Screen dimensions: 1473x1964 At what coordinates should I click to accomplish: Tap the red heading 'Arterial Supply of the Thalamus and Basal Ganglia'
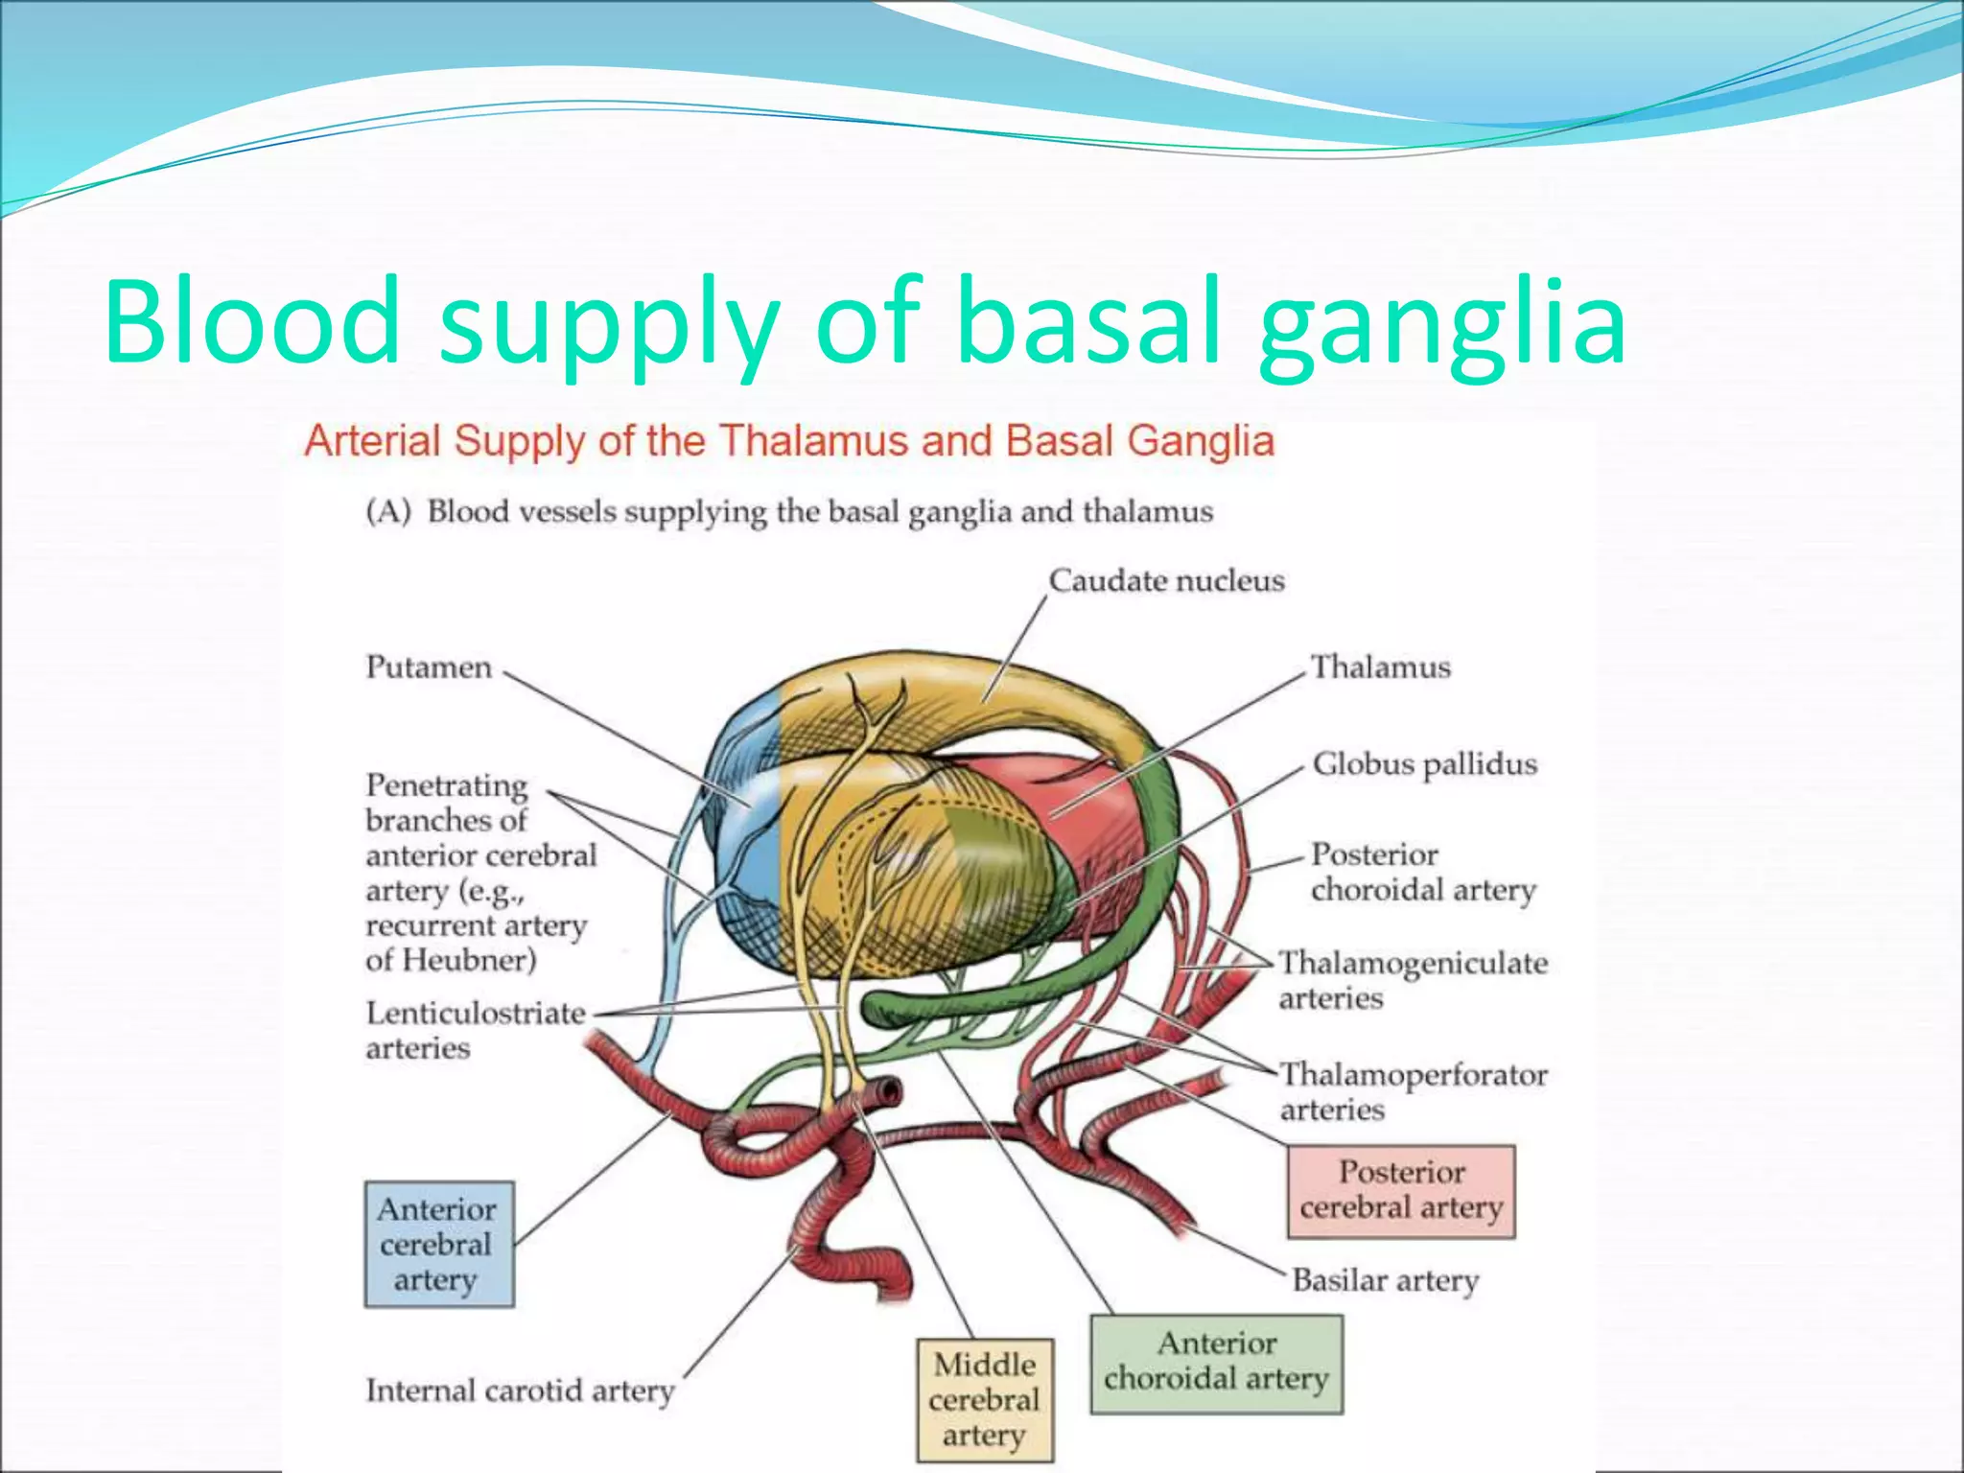(788, 442)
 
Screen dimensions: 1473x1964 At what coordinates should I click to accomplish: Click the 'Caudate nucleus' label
(1166, 581)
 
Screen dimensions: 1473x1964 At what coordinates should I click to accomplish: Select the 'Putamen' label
(428, 667)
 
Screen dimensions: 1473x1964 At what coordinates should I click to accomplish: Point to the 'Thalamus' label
(1380, 667)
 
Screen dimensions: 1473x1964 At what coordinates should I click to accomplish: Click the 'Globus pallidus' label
(1424, 764)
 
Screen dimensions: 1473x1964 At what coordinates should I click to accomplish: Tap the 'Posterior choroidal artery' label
(1422, 872)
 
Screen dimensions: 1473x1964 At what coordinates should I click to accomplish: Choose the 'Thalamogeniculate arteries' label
(1412, 979)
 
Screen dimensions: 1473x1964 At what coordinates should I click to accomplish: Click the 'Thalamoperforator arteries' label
(1413, 1091)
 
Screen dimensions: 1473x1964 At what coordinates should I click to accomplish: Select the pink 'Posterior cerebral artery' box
(1400, 1190)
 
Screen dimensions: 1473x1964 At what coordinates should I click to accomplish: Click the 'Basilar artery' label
(1385, 1280)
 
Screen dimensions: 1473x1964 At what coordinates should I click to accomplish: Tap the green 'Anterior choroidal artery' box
(1216, 1363)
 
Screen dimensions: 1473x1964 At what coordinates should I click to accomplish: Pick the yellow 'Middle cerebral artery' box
(984, 1399)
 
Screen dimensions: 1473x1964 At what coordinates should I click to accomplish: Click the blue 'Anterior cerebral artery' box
(438, 1244)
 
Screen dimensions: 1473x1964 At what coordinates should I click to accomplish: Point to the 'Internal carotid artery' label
(520, 1391)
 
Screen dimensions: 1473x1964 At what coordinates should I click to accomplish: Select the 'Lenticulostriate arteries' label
(475, 1030)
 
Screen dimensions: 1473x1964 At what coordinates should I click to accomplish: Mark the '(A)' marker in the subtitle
(388, 512)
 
